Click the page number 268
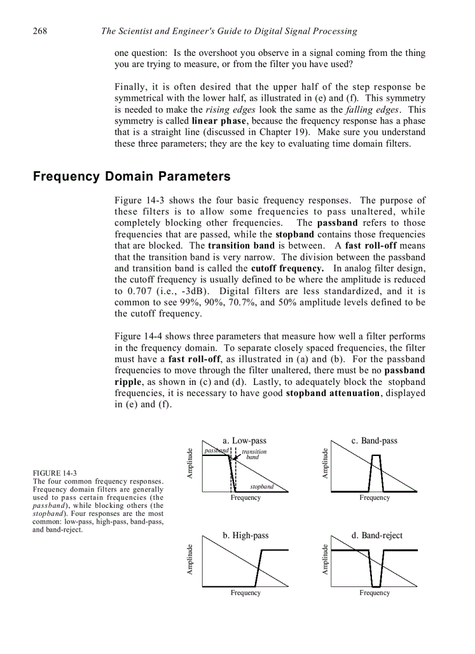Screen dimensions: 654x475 [x=40, y=31]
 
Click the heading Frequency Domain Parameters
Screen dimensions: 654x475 [x=132, y=176]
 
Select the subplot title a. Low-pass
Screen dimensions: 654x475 [x=244, y=441]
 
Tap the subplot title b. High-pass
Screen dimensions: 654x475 [x=246, y=535]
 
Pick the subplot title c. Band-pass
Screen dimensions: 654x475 [x=374, y=441]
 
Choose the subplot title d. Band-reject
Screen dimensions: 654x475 [x=377, y=535]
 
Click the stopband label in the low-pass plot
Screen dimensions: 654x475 [x=261, y=486]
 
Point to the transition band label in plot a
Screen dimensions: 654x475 [x=254, y=454]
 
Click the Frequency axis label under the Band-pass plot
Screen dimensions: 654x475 [x=374, y=498]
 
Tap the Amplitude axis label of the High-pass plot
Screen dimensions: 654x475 [x=190, y=559]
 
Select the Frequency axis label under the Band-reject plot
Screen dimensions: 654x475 [x=374, y=593]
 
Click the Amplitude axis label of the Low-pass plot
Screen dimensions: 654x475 [x=190, y=464]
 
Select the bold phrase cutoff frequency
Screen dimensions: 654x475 [x=287, y=268]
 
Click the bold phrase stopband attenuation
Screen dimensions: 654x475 [x=333, y=393]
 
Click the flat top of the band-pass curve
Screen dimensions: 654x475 [x=376, y=455]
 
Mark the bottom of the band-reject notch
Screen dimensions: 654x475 [x=376, y=586]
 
